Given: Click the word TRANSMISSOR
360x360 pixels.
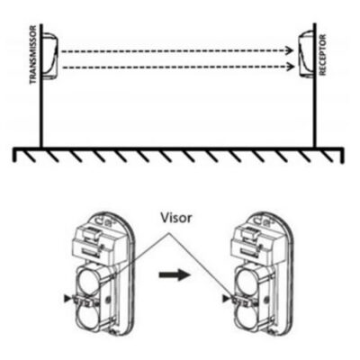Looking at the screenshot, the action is point(33,55).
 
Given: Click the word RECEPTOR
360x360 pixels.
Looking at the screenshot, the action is point(323,55).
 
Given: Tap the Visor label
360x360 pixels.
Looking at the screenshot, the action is point(175,218).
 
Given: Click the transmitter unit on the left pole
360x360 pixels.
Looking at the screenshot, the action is point(49,56).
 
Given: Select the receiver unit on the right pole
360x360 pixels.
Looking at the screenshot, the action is point(306,53).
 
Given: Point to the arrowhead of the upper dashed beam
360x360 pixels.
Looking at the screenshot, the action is point(290,50).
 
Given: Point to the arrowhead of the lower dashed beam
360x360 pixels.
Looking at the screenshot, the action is point(291,67).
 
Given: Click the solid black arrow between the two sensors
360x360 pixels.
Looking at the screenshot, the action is point(175,274).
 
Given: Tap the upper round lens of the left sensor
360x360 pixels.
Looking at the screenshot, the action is point(90,281).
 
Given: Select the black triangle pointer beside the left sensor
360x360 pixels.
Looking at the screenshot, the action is point(67,298).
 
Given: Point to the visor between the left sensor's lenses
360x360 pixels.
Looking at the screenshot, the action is point(85,301).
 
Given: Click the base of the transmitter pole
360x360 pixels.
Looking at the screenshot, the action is point(41,146).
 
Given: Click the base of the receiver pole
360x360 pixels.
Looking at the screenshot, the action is point(315,146).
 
